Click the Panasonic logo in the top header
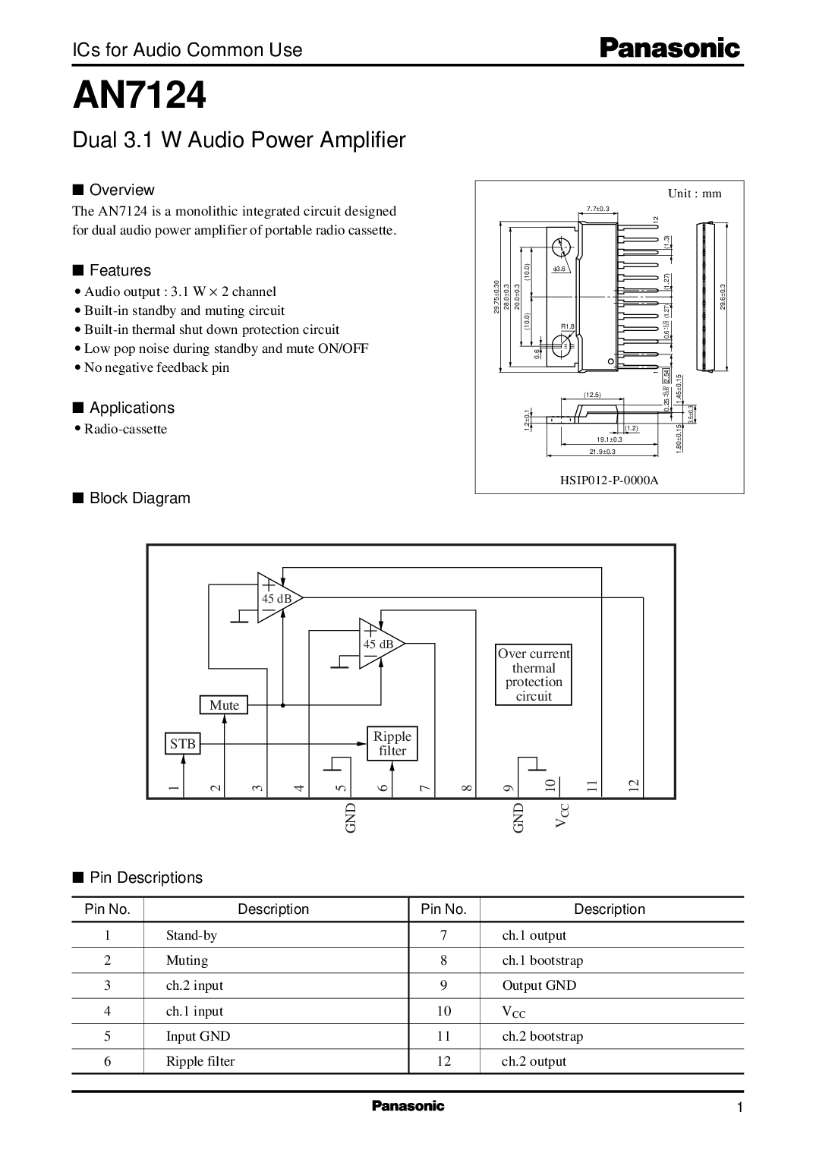pyautogui.click(x=669, y=49)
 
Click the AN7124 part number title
pyautogui.click(x=139, y=96)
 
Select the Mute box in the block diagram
pyautogui.click(x=224, y=705)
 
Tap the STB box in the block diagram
pyautogui.click(x=183, y=743)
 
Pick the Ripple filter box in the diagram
pyautogui.click(x=392, y=744)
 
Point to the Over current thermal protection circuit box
pyautogui.click(x=534, y=675)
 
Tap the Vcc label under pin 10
pyautogui.click(x=562, y=814)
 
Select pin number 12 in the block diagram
pyautogui.click(x=634, y=786)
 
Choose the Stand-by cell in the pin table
pyautogui.click(x=191, y=935)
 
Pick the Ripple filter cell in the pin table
pyautogui.click(x=200, y=1061)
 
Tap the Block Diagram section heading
pyautogui.click(x=140, y=498)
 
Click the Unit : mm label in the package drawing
pyautogui.click(x=695, y=194)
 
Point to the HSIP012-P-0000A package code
pyautogui.click(x=609, y=480)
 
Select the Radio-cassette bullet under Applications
pyautogui.click(x=125, y=429)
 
